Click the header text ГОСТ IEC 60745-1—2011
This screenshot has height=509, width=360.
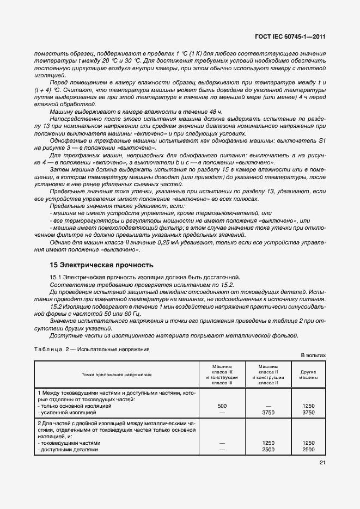click(290, 37)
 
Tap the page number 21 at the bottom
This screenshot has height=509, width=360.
click(322, 463)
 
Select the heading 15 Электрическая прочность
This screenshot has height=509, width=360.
click(102, 266)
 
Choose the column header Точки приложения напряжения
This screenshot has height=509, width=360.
click(117, 375)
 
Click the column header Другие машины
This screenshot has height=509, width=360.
click(308, 375)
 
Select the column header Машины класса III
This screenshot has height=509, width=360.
click(222, 375)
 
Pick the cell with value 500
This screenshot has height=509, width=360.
click(222, 406)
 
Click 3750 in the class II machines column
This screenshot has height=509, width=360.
click(267, 413)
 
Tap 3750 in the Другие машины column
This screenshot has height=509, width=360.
click(308, 413)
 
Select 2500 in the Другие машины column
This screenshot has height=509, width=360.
click(308, 450)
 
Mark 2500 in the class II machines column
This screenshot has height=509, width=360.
click(267, 450)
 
